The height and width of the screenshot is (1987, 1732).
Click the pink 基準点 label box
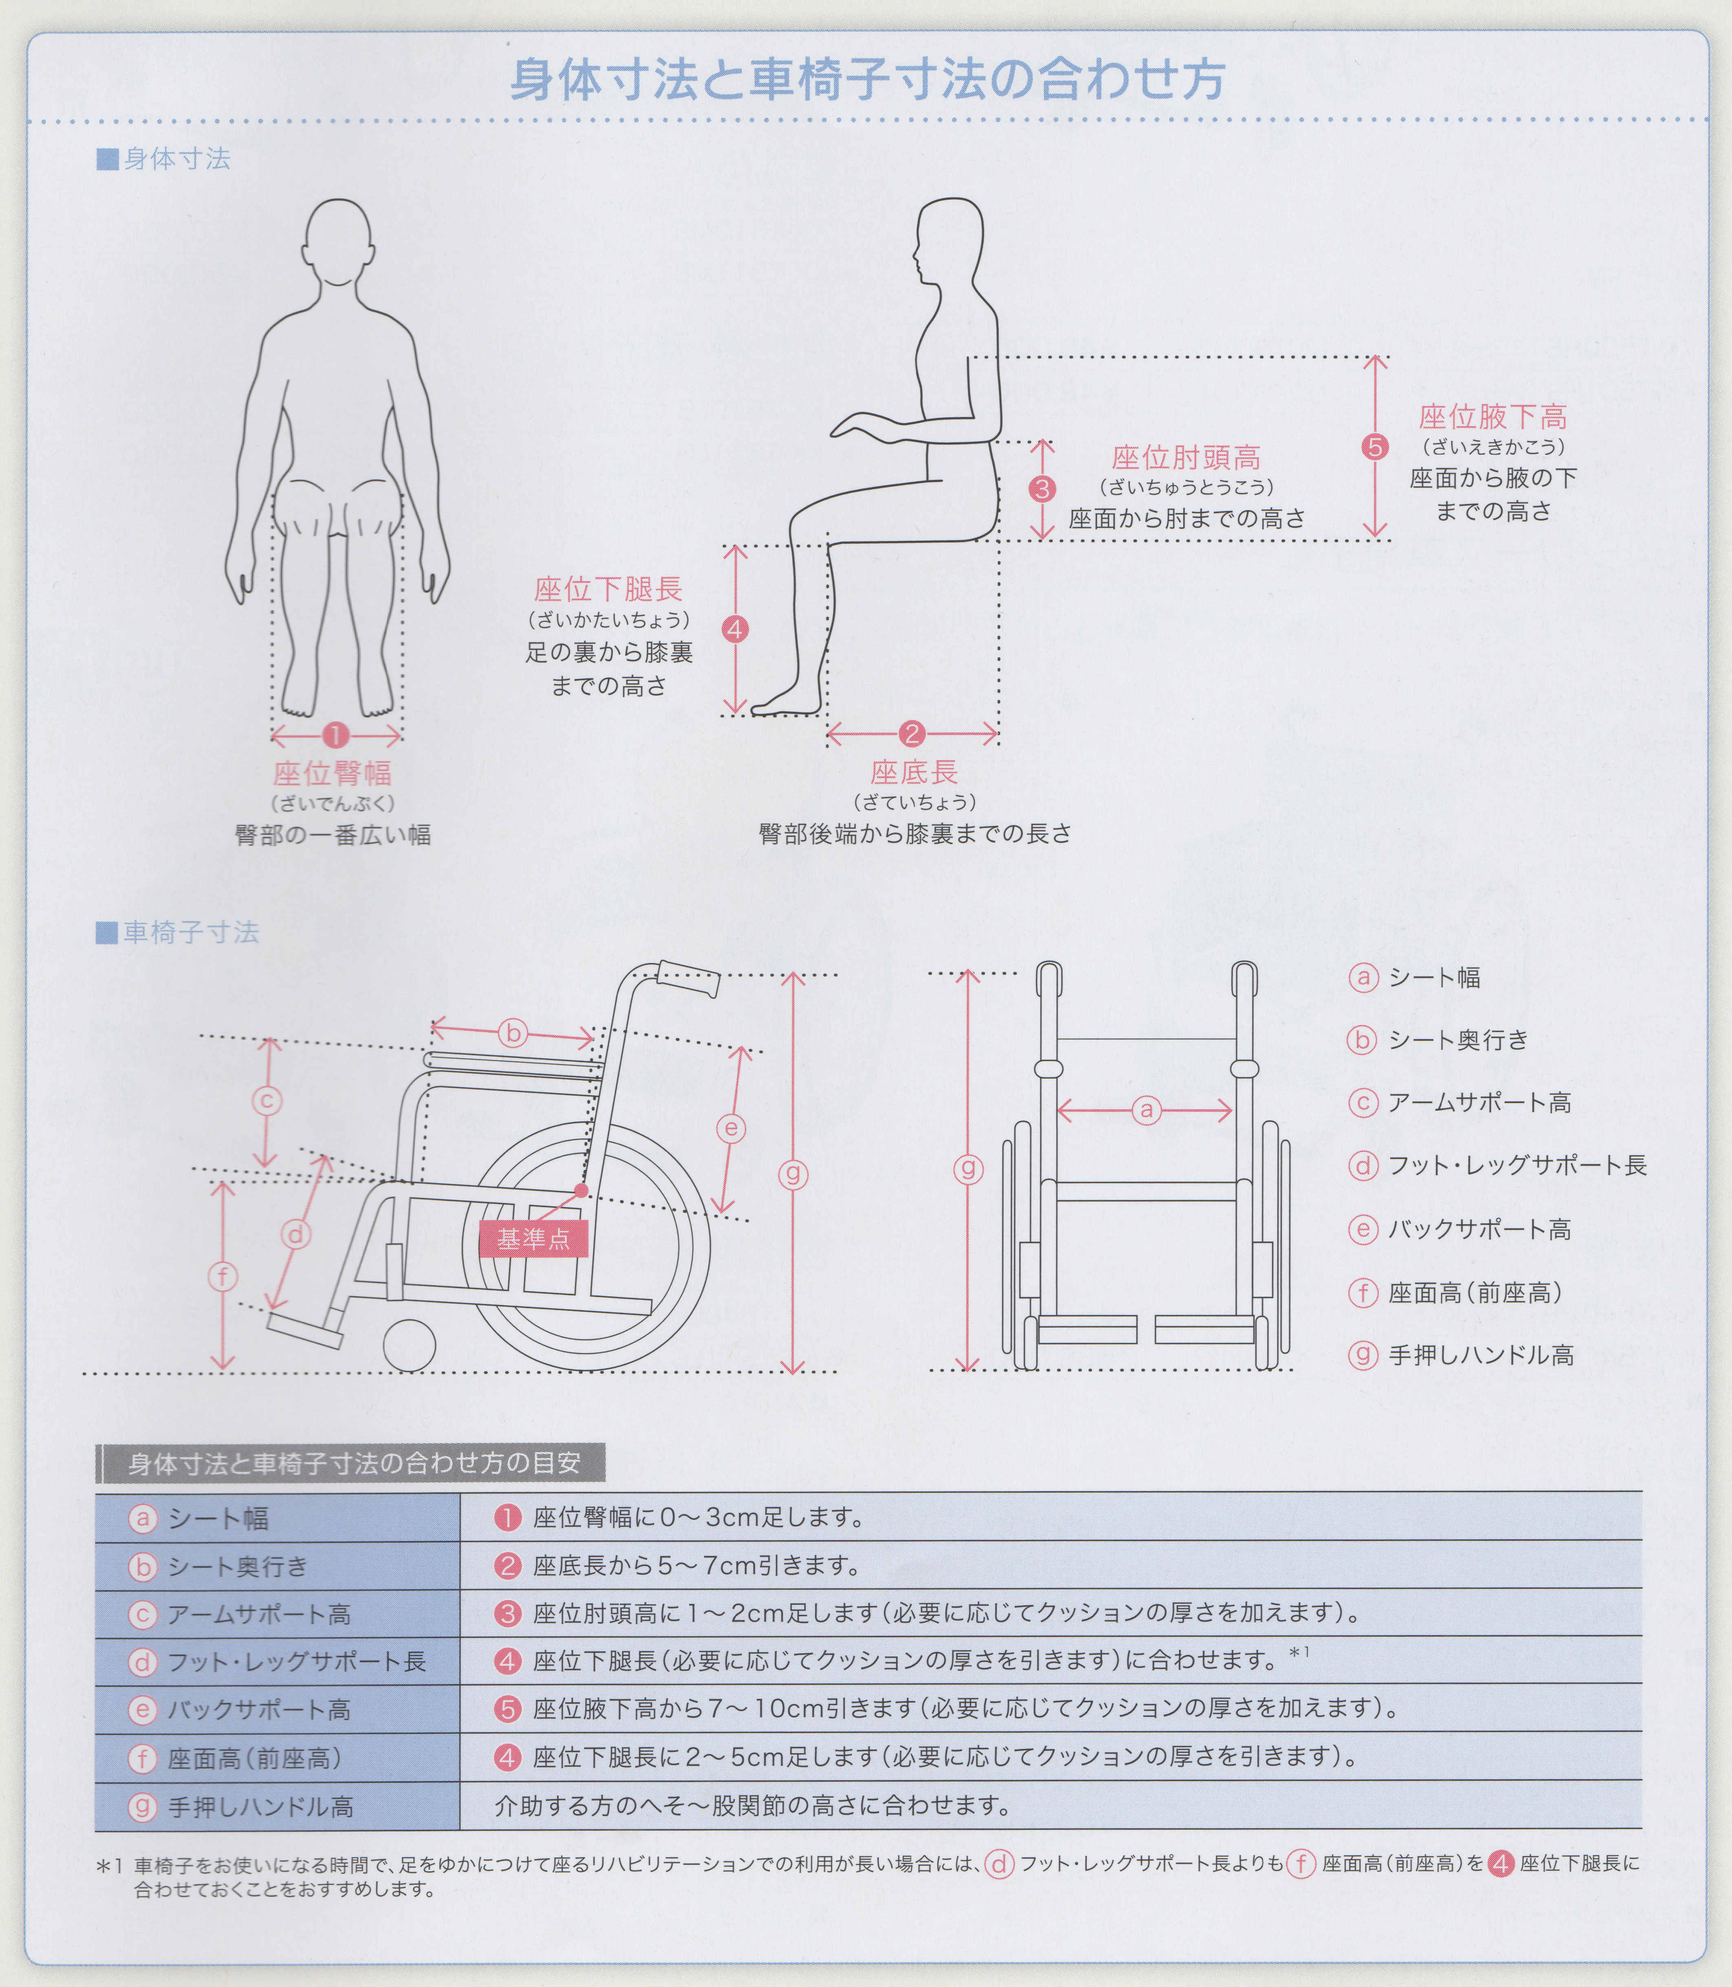(x=533, y=1239)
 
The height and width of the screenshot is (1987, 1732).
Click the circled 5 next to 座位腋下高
(x=1374, y=447)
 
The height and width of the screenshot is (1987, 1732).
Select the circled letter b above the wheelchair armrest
(x=513, y=1033)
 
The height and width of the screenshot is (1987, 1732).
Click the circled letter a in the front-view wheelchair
(x=1146, y=1110)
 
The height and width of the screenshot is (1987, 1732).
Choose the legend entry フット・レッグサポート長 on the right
(x=1517, y=1165)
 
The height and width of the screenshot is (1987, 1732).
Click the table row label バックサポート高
(x=259, y=1709)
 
